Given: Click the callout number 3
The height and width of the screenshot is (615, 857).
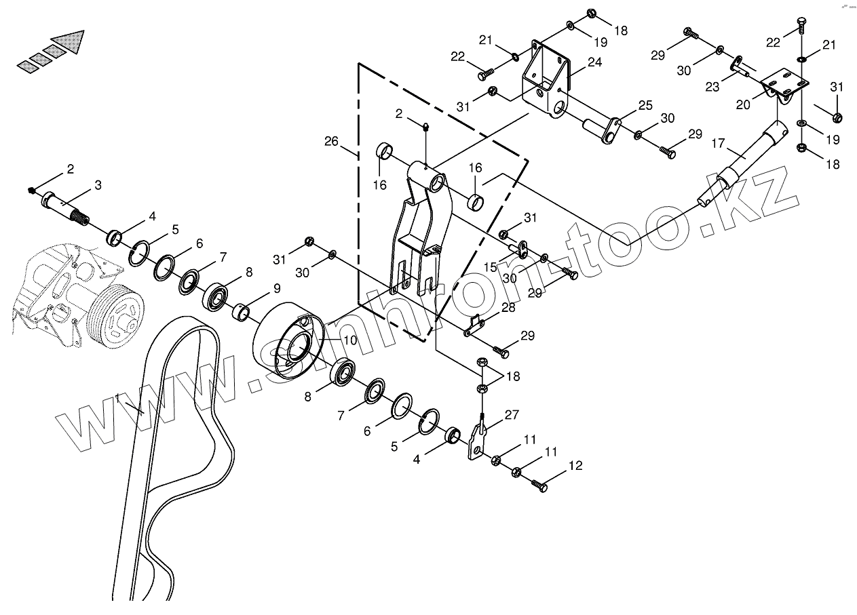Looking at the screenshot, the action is tap(98, 185).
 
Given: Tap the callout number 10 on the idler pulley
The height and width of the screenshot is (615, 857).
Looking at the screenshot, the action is tap(350, 340).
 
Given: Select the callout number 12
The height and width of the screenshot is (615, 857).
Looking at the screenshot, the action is tap(575, 466).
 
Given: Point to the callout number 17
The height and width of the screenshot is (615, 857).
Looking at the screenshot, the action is tap(718, 143).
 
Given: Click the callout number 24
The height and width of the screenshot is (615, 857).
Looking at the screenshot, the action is tap(595, 62).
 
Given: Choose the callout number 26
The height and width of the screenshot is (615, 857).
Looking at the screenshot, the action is tap(331, 142).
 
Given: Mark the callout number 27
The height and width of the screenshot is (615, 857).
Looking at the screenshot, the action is tap(512, 414).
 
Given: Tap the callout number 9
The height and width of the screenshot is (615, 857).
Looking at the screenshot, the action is tap(277, 288).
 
